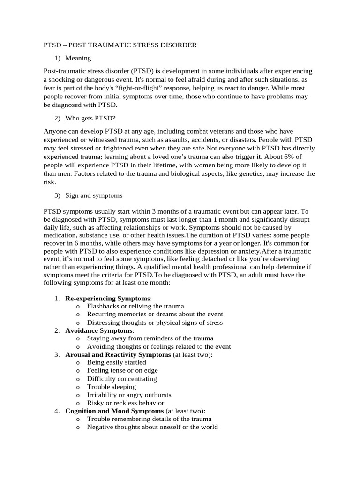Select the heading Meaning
[x=78, y=58]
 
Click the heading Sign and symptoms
[x=94, y=195]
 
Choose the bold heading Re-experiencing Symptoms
[x=108, y=298]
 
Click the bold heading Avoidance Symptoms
[x=99, y=330]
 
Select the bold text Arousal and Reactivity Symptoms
[x=118, y=355]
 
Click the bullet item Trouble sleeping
[x=112, y=387]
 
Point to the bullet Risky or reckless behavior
[x=126, y=403]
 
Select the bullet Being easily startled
[x=117, y=363]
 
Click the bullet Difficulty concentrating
[x=122, y=379]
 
